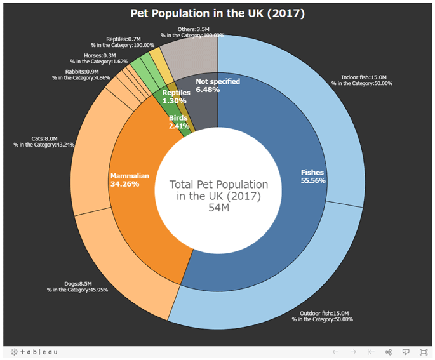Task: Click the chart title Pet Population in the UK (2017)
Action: [x=217, y=13]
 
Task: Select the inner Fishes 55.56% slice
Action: [x=298, y=190]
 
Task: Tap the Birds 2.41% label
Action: [x=178, y=122]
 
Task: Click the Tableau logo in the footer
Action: [x=35, y=352]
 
